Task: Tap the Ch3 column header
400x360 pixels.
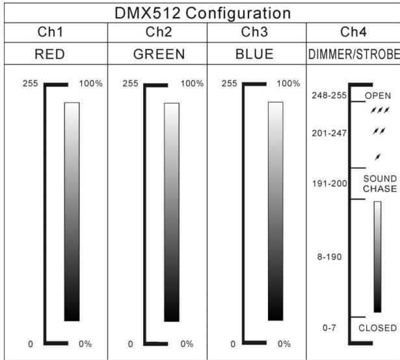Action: (255, 33)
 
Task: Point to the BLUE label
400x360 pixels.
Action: (255, 55)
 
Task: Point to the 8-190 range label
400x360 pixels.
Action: (330, 256)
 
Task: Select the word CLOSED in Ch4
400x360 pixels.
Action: (377, 328)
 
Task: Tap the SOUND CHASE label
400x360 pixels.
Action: (379, 184)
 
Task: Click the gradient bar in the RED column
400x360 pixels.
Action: (72, 212)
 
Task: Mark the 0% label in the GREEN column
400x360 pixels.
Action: (187, 343)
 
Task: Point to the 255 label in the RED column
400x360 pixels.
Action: (27, 84)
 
